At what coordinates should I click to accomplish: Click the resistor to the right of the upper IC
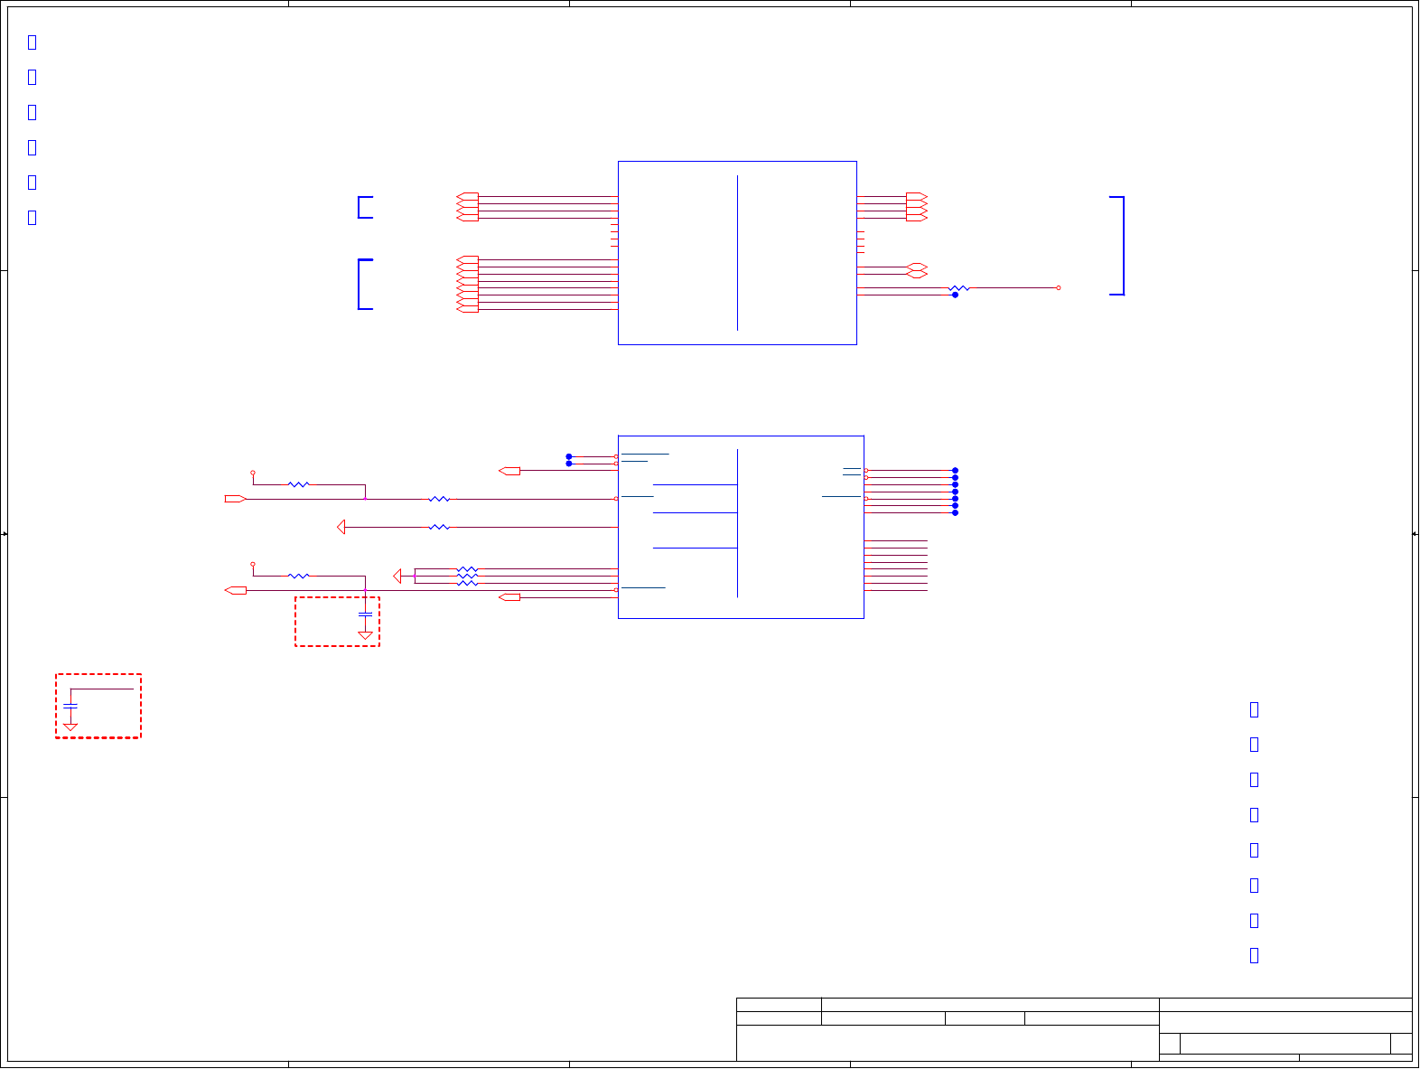[x=958, y=288]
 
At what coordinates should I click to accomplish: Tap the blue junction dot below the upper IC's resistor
[x=955, y=295]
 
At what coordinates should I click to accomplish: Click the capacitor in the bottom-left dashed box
[x=70, y=706]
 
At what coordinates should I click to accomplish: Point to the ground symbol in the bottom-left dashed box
[x=70, y=727]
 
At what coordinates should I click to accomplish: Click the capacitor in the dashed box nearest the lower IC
[x=365, y=614]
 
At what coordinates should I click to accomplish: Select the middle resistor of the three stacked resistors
[x=467, y=576]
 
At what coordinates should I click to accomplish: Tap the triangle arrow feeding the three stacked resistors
[x=397, y=576]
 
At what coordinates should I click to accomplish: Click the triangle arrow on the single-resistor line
[x=341, y=527]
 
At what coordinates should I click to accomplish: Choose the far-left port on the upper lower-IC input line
[x=235, y=499]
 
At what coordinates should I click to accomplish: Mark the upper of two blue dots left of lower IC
[x=569, y=456]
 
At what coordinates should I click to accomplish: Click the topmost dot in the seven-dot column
[x=955, y=471]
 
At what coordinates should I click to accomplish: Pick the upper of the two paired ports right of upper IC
[x=917, y=267]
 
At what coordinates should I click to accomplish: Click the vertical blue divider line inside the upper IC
[x=737, y=253]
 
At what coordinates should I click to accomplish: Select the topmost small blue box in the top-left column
[x=33, y=42]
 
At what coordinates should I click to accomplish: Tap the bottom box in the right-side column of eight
[x=1254, y=955]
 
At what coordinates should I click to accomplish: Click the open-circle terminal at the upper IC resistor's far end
[x=1058, y=288]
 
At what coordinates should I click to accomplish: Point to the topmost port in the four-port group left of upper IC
[x=467, y=196]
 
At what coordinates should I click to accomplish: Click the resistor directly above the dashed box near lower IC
[x=298, y=576]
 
